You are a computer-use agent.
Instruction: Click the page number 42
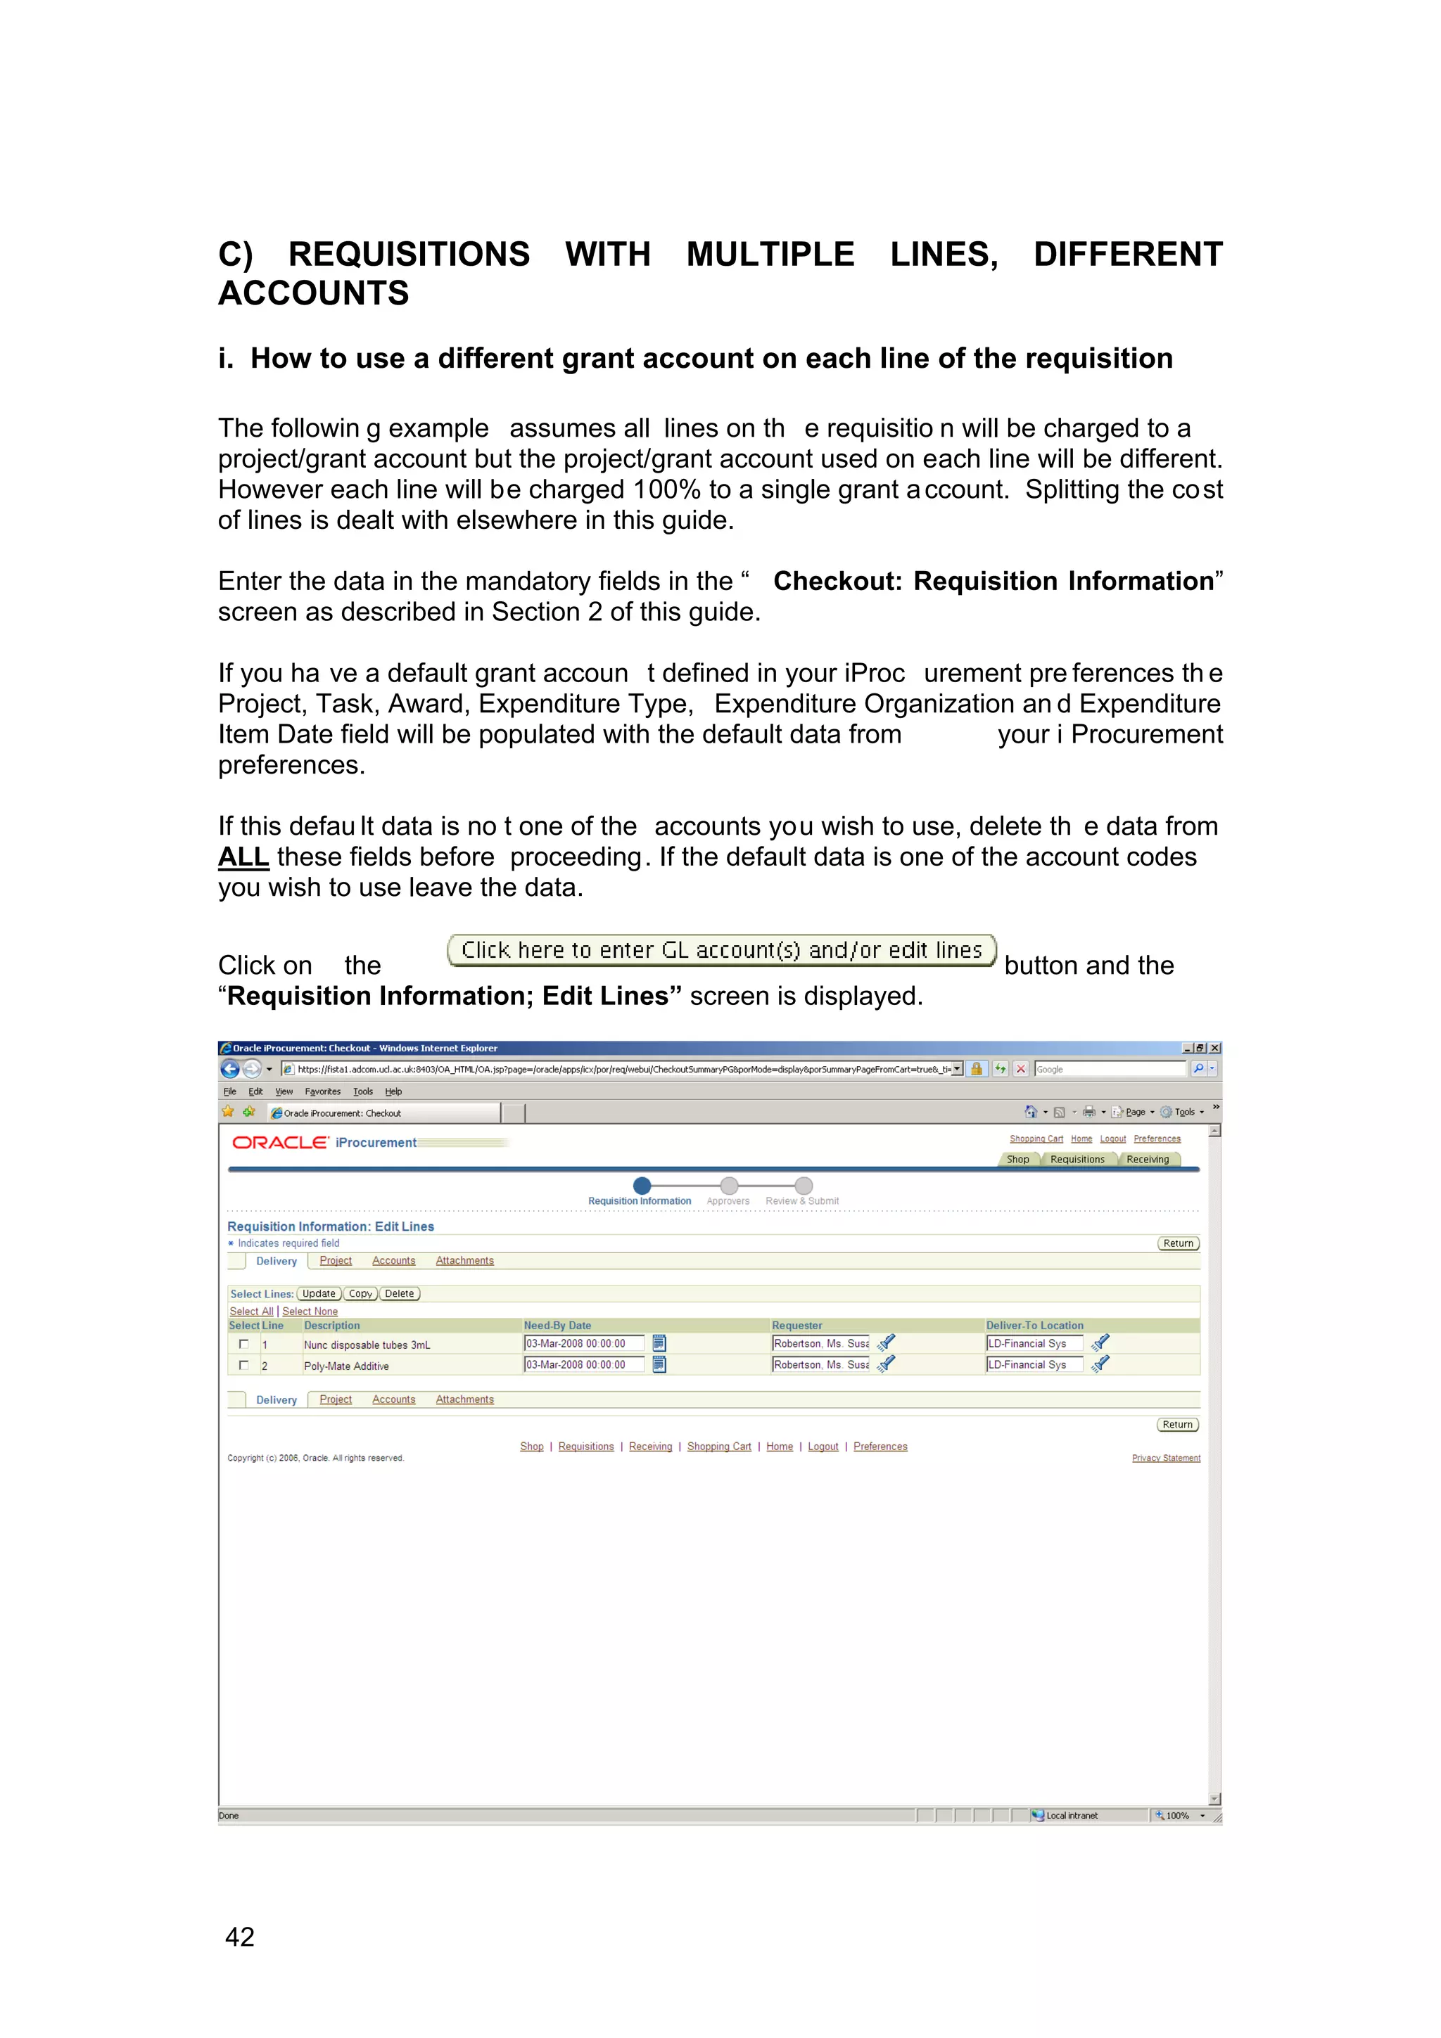pos(240,1936)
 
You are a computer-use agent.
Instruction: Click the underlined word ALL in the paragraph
pos(243,857)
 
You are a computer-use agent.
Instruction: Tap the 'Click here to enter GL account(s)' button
pos(721,951)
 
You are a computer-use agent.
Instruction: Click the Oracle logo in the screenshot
pos(279,1142)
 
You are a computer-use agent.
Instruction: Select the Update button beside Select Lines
pos(319,1294)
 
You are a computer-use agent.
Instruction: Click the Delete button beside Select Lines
pos(400,1294)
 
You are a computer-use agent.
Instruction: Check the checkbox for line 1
pos(244,1344)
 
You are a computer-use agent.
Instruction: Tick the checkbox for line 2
pos(244,1365)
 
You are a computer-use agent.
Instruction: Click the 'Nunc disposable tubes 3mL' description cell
pos(367,1345)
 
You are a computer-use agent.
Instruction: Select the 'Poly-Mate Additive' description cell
pos(346,1367)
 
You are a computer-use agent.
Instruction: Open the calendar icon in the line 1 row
pos(659,1344)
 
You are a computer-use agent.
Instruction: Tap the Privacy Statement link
pos(1166,1459)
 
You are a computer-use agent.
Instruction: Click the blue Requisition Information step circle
pos(642,1186)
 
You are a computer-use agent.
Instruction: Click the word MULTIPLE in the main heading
pos(770,255)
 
